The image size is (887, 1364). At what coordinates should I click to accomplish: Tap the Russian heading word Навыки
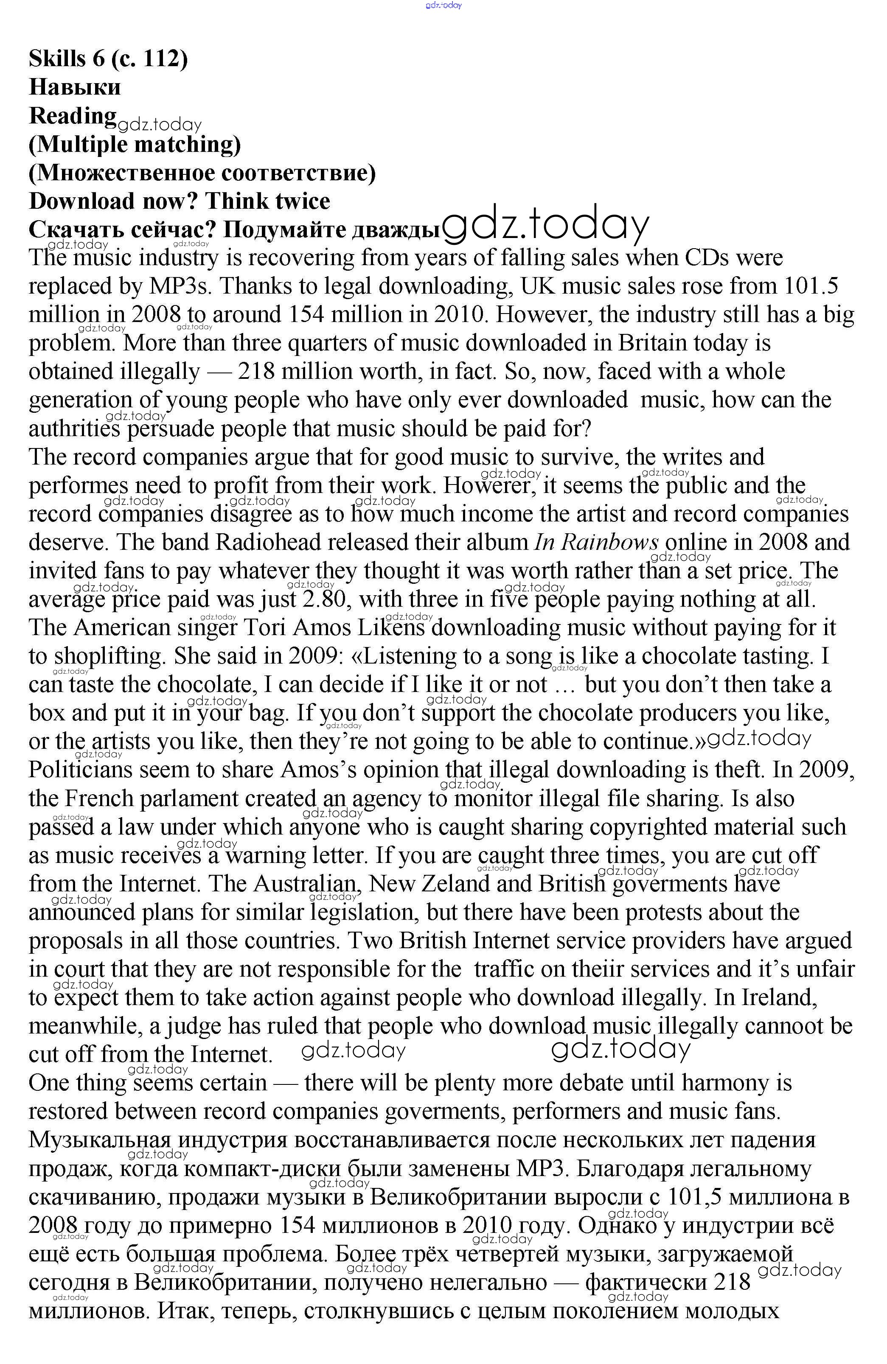tap(75, 87)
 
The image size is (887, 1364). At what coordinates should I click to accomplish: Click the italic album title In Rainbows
tap(596, 542)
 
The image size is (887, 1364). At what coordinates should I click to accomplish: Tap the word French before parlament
tap(100, 799)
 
